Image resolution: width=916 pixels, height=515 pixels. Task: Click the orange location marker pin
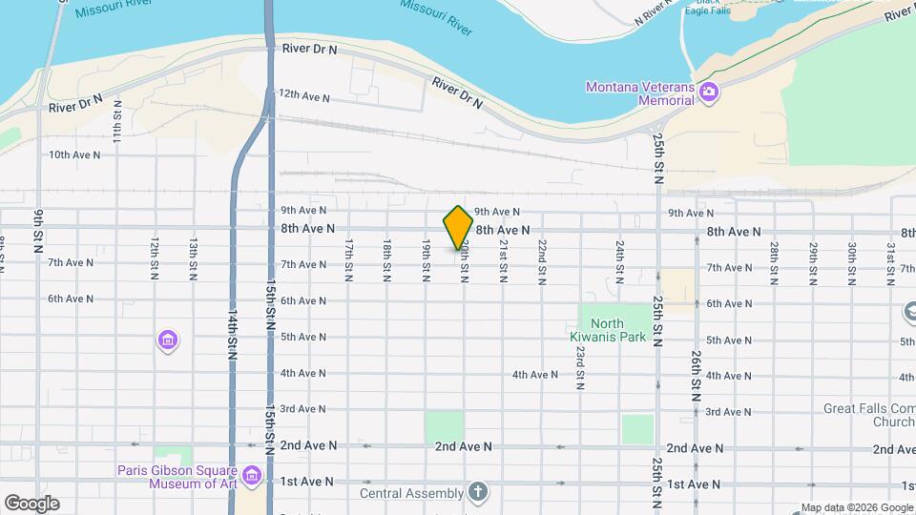coord(458,228)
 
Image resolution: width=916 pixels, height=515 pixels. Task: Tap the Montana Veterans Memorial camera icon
coord(708,93)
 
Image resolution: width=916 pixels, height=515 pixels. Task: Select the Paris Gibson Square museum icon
coord(252,475)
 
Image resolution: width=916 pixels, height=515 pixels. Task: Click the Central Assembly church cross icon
coord(478,493)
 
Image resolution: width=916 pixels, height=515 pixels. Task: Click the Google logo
coord(31,504)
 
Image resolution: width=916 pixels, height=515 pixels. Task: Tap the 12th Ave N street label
coord(303,97)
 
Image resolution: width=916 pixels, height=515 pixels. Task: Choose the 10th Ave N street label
coord(73,154)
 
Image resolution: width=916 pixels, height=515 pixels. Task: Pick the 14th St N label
coord(232,335)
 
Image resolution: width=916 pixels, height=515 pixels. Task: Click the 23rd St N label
coord(580,368)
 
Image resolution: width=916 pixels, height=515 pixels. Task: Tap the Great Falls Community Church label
coord(869,415)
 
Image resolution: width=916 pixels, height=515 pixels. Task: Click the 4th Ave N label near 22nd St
coord(534,375)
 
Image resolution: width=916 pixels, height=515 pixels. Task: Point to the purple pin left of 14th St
coord(168,340)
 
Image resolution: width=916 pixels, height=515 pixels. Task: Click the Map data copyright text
coord(856,507)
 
